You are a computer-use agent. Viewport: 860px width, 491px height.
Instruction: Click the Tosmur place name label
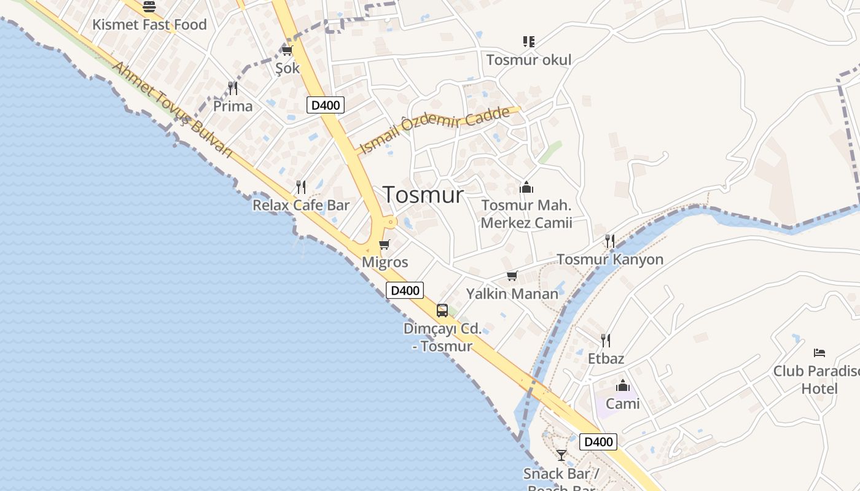[x=423, y=195]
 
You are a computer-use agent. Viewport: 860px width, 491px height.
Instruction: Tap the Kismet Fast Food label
[x=149, y=25]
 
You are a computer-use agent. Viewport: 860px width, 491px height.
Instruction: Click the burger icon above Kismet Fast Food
[x=149, y=7]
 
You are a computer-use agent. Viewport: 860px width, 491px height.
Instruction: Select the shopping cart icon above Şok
[x=287, y=50]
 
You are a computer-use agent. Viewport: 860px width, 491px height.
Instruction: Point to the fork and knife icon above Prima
[x=233, y=88]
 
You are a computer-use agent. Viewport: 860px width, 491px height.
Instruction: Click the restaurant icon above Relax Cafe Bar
[x=301, y=187]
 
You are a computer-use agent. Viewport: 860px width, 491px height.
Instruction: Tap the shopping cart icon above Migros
[x=385, y=245]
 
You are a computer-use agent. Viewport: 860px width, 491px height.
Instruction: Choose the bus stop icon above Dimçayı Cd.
[x=442, y=311]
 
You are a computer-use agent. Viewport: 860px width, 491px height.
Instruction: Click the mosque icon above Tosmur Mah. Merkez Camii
[x=526, y=187]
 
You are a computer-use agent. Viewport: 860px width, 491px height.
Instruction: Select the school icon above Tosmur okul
[x=528, y=42]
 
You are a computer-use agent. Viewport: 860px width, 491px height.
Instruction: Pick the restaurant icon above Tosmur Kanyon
[x=610, y=241]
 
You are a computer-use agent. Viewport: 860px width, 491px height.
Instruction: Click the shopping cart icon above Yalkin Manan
[x=512, y=276]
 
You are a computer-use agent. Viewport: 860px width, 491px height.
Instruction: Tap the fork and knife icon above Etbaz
[x=606, y=340]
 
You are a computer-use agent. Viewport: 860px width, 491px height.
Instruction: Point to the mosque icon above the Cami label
[x=623, y=385]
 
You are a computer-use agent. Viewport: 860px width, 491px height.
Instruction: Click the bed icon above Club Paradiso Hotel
[x=819, y=352]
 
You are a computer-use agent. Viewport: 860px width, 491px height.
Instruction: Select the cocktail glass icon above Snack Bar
[x=561, y=455]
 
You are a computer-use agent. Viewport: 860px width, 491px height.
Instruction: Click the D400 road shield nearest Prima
[x=325, y=105]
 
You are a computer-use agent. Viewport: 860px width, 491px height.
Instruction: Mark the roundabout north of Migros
[x=389, y=222]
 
